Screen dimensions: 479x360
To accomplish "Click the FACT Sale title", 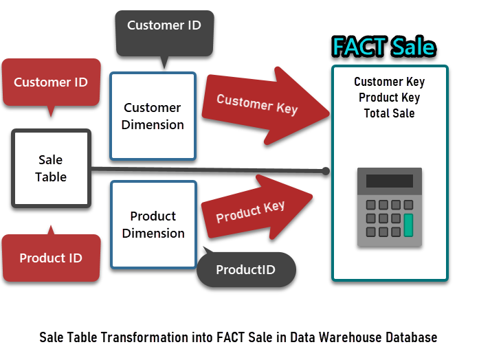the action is click(384, 47).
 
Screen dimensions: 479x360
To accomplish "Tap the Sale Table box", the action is click(51, 168).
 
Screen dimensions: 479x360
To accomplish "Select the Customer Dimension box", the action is click(153, 116).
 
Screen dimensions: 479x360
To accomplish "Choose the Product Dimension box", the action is click(153, 225).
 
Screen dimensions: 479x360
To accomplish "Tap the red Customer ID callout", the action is click(51, 83).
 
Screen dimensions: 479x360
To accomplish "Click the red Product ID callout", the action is click(51, 256).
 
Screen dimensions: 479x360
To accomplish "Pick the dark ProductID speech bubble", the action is click(246, 269).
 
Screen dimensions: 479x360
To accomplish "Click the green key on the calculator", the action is click(408, 225).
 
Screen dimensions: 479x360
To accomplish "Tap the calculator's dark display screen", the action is click(390, 181).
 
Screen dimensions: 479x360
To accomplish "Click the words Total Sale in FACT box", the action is click(389, 113).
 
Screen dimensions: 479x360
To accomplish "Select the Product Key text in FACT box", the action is click(389, 98).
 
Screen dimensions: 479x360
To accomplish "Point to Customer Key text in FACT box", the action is click(389, 82).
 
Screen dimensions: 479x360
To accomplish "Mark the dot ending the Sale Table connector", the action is click(326, 171).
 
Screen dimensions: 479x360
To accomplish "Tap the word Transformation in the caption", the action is click(145, 337).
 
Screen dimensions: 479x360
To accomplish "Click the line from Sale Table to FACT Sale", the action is click(208, 170).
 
